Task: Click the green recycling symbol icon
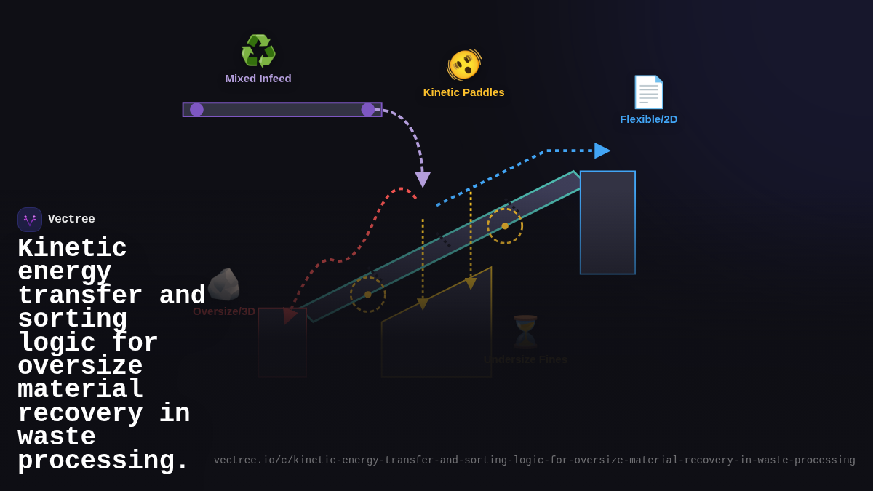[x=258, y=52]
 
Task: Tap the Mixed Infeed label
[x=258, y=79]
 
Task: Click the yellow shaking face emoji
[x=464, y=65]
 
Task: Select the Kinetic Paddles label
[x=463, y=92]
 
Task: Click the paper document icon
[x=648, y=92]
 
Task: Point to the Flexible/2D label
[x=648, y=119]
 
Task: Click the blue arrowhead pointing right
[x=602, y=151]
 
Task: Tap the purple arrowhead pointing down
[x=423, y=179]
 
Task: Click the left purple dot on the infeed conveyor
[x=196, y=110]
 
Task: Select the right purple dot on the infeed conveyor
[x=368, y=110]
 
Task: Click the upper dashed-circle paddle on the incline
[x=505, y=226]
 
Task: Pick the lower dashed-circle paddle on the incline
[x=368, y=295]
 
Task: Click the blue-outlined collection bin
[x=607, y=223]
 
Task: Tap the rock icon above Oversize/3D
[x=223, y=284]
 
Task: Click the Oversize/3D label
[x=224, y=311]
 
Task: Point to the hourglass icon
[x=525, y=332]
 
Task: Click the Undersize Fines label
[x=525, y=359]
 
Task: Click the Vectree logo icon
[x=30, y=220]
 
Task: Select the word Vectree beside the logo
[x=71, y=220]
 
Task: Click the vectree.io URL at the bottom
[x=534, y=460]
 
